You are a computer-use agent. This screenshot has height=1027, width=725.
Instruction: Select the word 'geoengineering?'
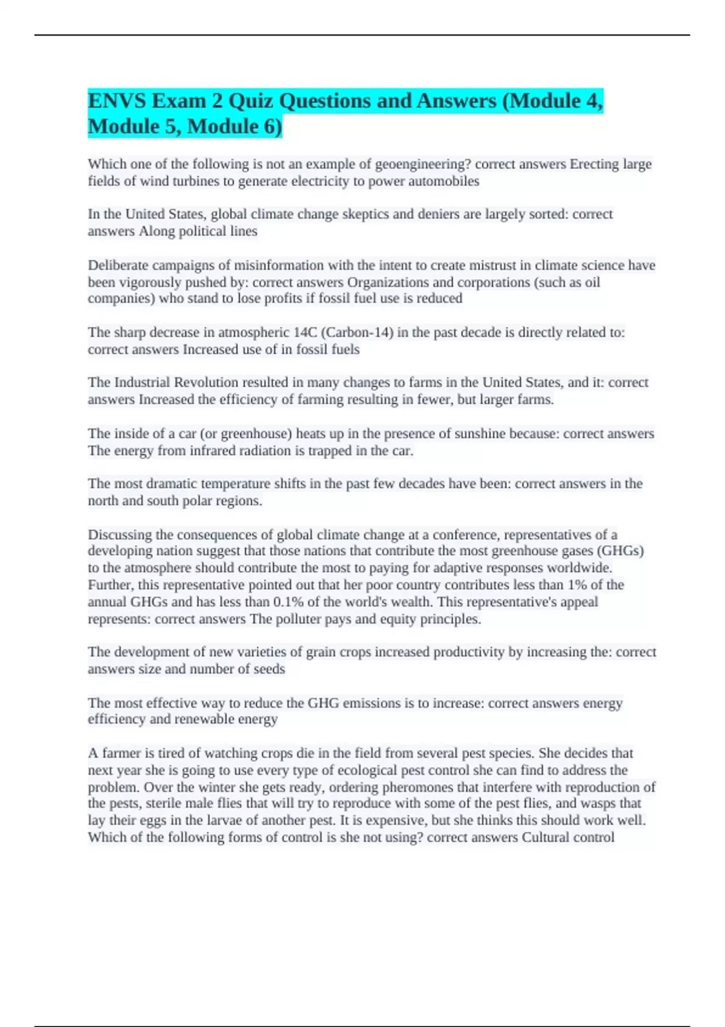click(423, 164)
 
